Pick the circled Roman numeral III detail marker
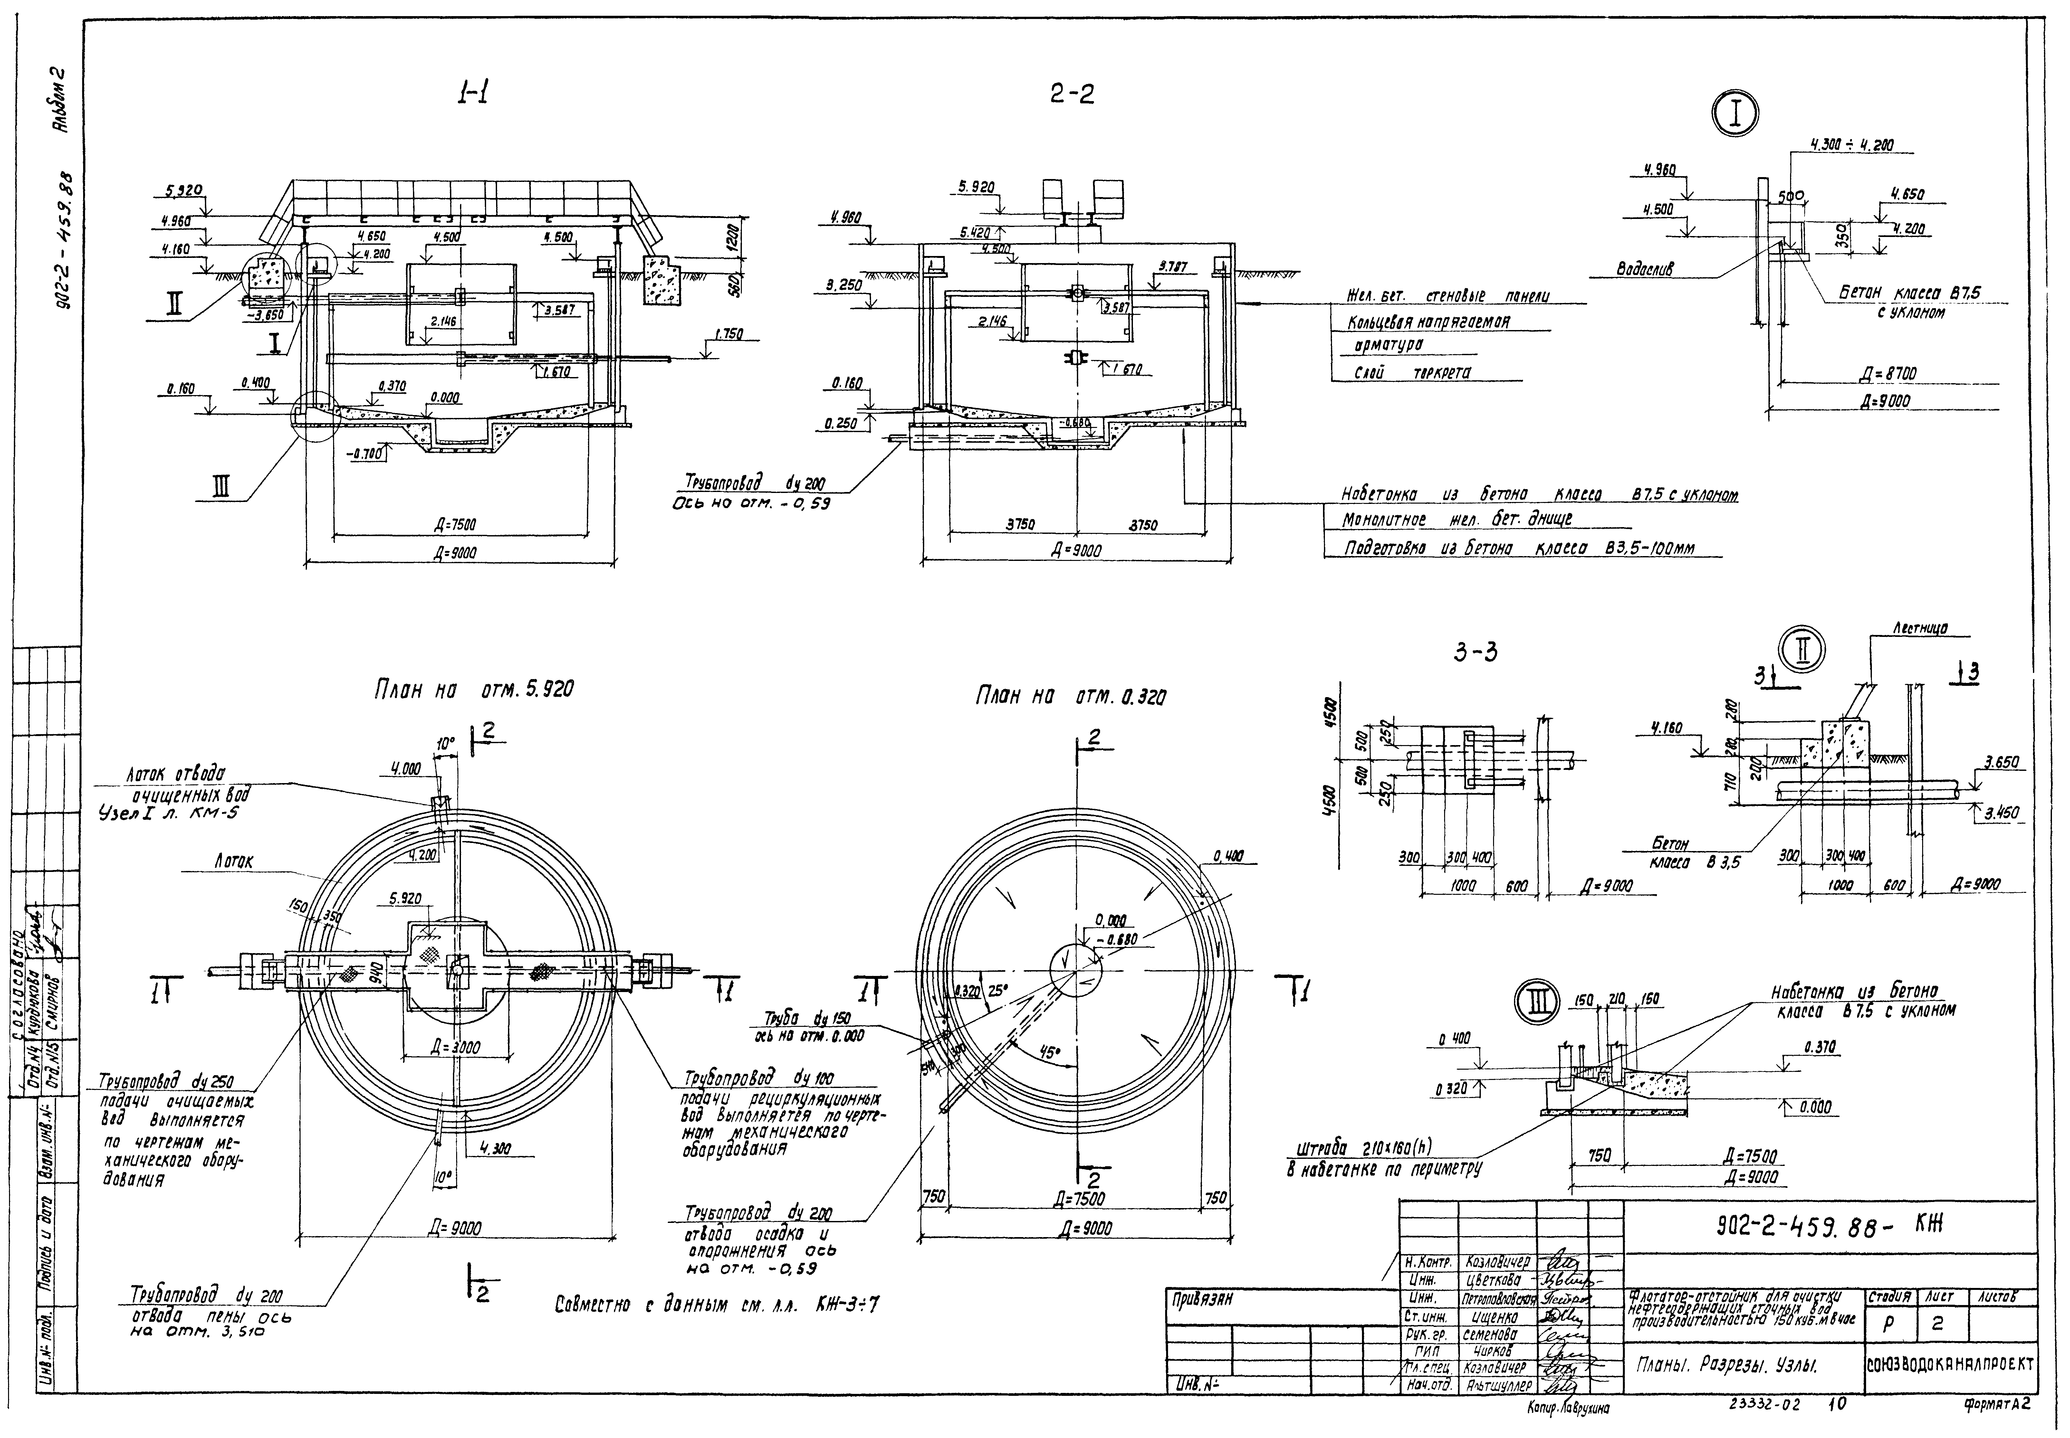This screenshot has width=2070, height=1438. click(x=1537, y=1005)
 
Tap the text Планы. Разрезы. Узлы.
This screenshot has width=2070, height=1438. click(x=1726, y=1366)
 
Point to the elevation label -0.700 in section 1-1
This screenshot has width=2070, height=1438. click(x=368, y=455)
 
